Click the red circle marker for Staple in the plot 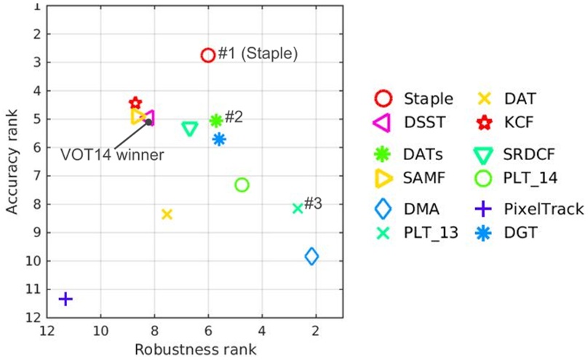tap(207, 55)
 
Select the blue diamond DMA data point tap(311, 256)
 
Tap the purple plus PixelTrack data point tap(65, 298)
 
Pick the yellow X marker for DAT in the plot tap(167, 214)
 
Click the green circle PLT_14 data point tap(242, 185)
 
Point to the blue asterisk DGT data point tap(219, 139)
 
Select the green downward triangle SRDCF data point tap(190, 129)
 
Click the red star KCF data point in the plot tap(135, 103)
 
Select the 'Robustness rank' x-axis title tap(195, 349)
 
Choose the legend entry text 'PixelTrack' tap(544, 209)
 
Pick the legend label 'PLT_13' tap(431, 233)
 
